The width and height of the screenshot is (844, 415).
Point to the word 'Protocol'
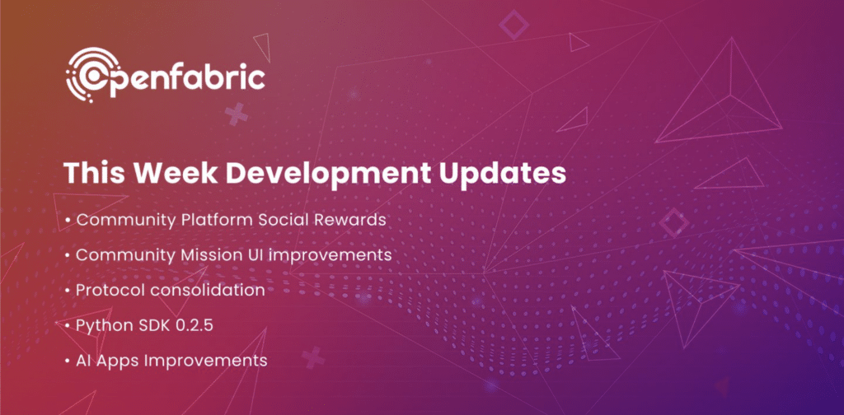[107, 291]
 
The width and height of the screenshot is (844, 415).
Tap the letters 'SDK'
[153, 325]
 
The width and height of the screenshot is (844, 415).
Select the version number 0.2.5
[196, 325]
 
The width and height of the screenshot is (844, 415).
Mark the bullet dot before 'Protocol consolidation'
[67, 291]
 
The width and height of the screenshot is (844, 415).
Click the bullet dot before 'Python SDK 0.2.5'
[67, 326]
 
